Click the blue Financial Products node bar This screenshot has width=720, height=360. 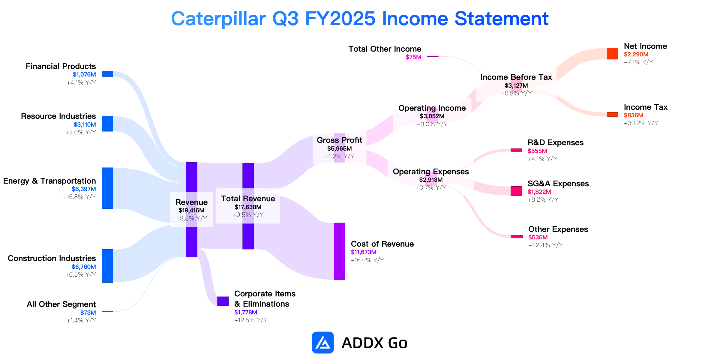pyautogui.click(x=107, y=74)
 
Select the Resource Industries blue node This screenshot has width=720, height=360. pyautogui.click(x=107, y=124)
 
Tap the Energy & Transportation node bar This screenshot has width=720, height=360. pyautogui.click(x=107, y=188)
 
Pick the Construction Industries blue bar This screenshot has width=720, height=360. pyautogui.click(x=107, y=266)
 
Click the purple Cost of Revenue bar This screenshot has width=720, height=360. pyautogui.click(x=340, y=251)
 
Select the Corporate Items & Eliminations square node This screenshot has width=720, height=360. pyautogui.click(x=223, y=301)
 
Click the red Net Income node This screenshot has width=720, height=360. pyautogui.click(x=613, y=53)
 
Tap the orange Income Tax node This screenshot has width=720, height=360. pyautogui.click(x=613, y=114)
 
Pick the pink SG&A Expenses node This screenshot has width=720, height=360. pyautogui.click(x=516, y=191)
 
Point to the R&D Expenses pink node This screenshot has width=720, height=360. pyautogui.click(x=516, y=150)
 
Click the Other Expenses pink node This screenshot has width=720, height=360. pyautogui.click(x=517, y=236)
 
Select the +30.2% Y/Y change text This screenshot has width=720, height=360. pyautogui.click(x=641, y=123)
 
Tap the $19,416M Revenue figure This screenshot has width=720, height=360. pyautogui.click(x=191, y=210)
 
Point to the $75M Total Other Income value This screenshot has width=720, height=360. pyautogui.click(x=413, y=57)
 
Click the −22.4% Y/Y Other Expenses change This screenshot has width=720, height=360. pyautogui.click(x=545, y=245)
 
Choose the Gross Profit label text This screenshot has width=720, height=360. pyautogui.click(x=339, y=140)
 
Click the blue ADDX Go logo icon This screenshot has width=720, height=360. pyautogui.click(x=323, y=342)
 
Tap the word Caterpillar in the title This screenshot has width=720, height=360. pyautogui.click(x=218, y=19)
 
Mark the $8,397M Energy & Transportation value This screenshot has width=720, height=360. pyautogui.click(x=84, y=189)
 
